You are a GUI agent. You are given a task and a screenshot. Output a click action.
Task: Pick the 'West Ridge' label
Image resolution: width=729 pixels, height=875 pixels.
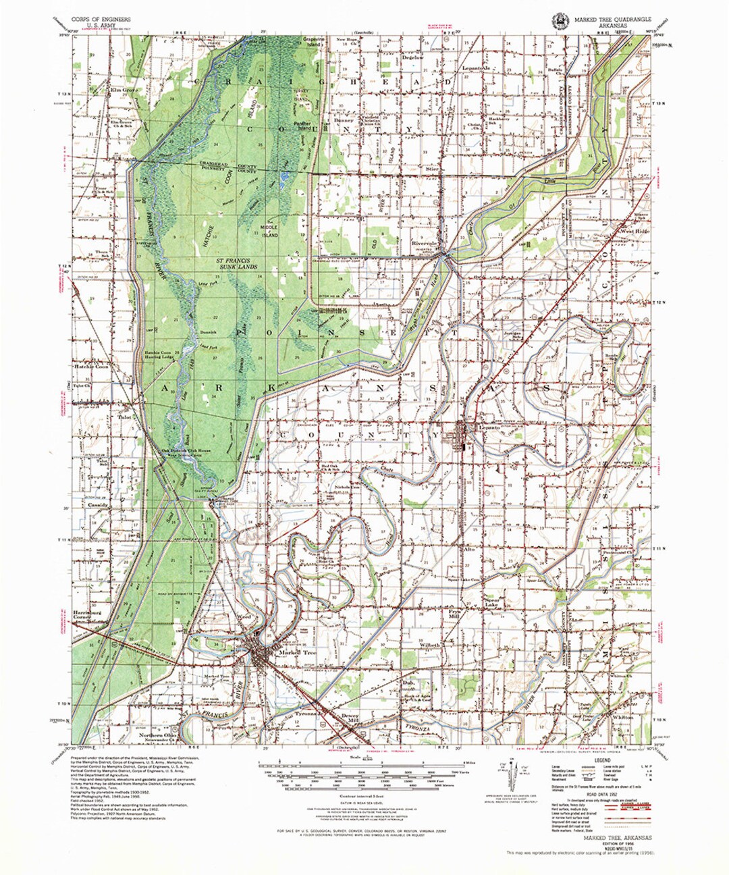634,232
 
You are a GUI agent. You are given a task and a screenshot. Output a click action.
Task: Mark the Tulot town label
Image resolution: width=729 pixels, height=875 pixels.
124,417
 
